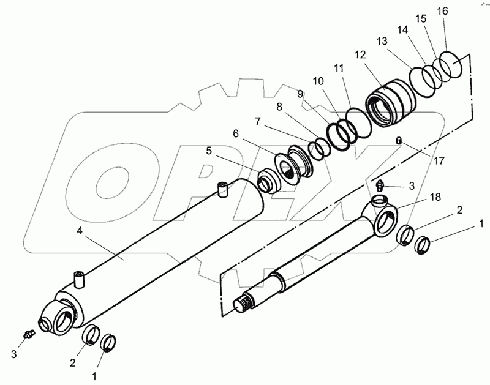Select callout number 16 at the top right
[442, 11]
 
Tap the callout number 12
[360, 55]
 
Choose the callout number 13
[382, 42]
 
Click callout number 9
[300, 94]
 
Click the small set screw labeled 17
[399, 140]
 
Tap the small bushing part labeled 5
[268, 181]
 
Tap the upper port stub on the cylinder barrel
[222, 190]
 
